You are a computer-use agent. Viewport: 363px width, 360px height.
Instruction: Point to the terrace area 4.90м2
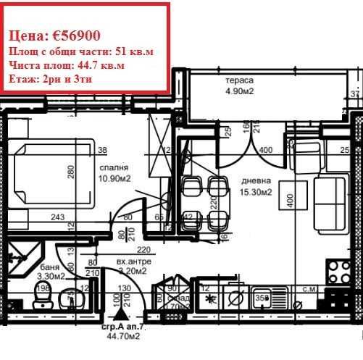click(238, 92)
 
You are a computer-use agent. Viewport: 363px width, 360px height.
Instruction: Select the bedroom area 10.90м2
click(114, 178)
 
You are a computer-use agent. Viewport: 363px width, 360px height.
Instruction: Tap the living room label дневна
click(256, 181)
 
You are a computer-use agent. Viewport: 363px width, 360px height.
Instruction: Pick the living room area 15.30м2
click(256, 192)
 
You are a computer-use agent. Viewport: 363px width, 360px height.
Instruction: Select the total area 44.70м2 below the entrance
click(122, 337)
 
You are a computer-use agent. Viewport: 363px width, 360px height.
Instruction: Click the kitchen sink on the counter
click(262, 296)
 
